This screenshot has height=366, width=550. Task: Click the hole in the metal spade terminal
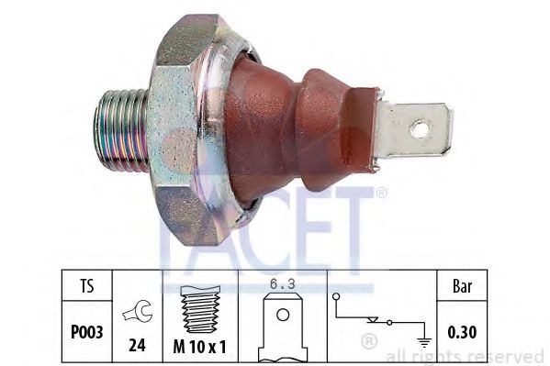coord(418,128)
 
